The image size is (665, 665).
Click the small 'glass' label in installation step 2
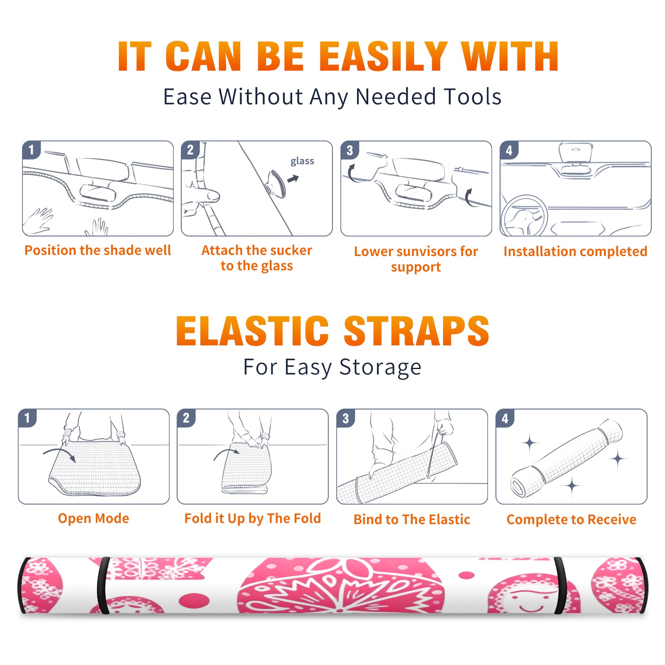pos(302,161)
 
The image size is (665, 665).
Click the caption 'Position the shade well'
pos(98,250)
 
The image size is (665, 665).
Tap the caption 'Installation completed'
pos(575,251)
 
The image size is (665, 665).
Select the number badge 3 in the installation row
pos(350,150)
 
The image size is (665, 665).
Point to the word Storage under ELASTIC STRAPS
pos(380,367)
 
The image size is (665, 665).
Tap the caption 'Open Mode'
pos(94,518)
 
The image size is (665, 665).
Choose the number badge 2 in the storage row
pos(186,418)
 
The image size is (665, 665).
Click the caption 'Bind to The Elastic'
pos(411,519)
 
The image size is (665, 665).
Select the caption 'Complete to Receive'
pos(571,519)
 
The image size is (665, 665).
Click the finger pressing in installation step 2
pos(204,196)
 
